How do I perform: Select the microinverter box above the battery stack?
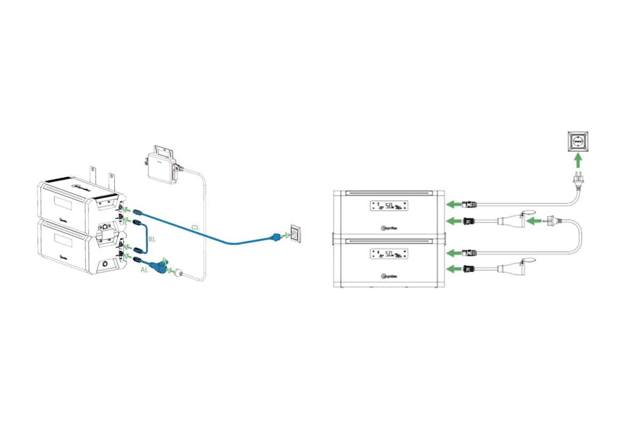pos(161,163)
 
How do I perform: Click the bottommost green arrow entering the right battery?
pos(453,269)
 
